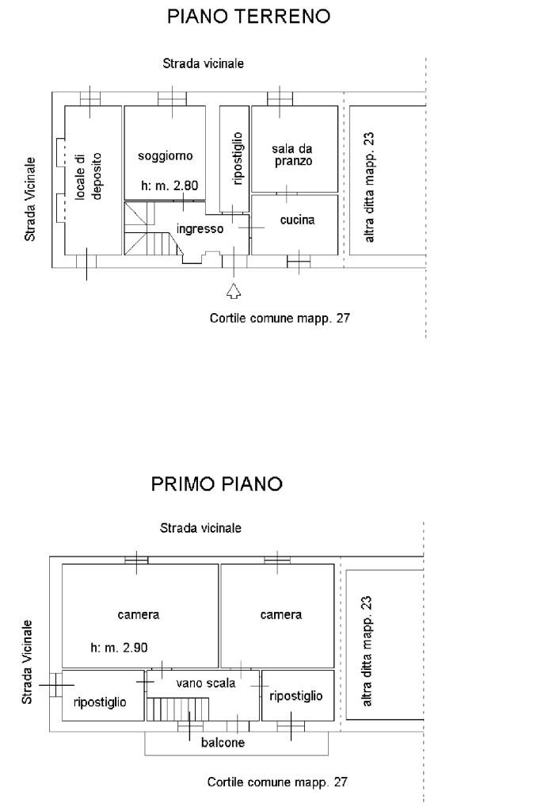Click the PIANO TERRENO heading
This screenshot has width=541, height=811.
pos(249,16)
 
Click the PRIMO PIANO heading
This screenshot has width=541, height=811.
pos(216,484)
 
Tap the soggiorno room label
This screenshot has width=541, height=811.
pos(166,155)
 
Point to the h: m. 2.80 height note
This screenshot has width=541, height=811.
pos(170,186)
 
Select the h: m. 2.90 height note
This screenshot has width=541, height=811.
pos(119,648)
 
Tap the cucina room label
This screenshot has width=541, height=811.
pos(297,220)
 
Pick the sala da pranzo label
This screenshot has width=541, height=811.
pos(292,155)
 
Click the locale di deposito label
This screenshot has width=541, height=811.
pos(89,176)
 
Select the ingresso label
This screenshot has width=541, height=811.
pos(200,228)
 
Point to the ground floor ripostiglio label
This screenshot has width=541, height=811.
pos(238,159)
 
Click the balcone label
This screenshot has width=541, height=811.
pos(223,743)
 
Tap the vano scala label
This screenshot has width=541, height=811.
pos(206,683)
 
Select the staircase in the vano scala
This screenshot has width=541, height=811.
pos(178,709)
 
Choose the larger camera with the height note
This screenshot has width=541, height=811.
pos(140,615)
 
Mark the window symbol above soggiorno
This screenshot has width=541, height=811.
pos(172,98)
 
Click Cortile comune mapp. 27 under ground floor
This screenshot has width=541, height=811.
pos(280,318)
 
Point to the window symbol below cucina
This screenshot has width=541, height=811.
pos(299,262)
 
